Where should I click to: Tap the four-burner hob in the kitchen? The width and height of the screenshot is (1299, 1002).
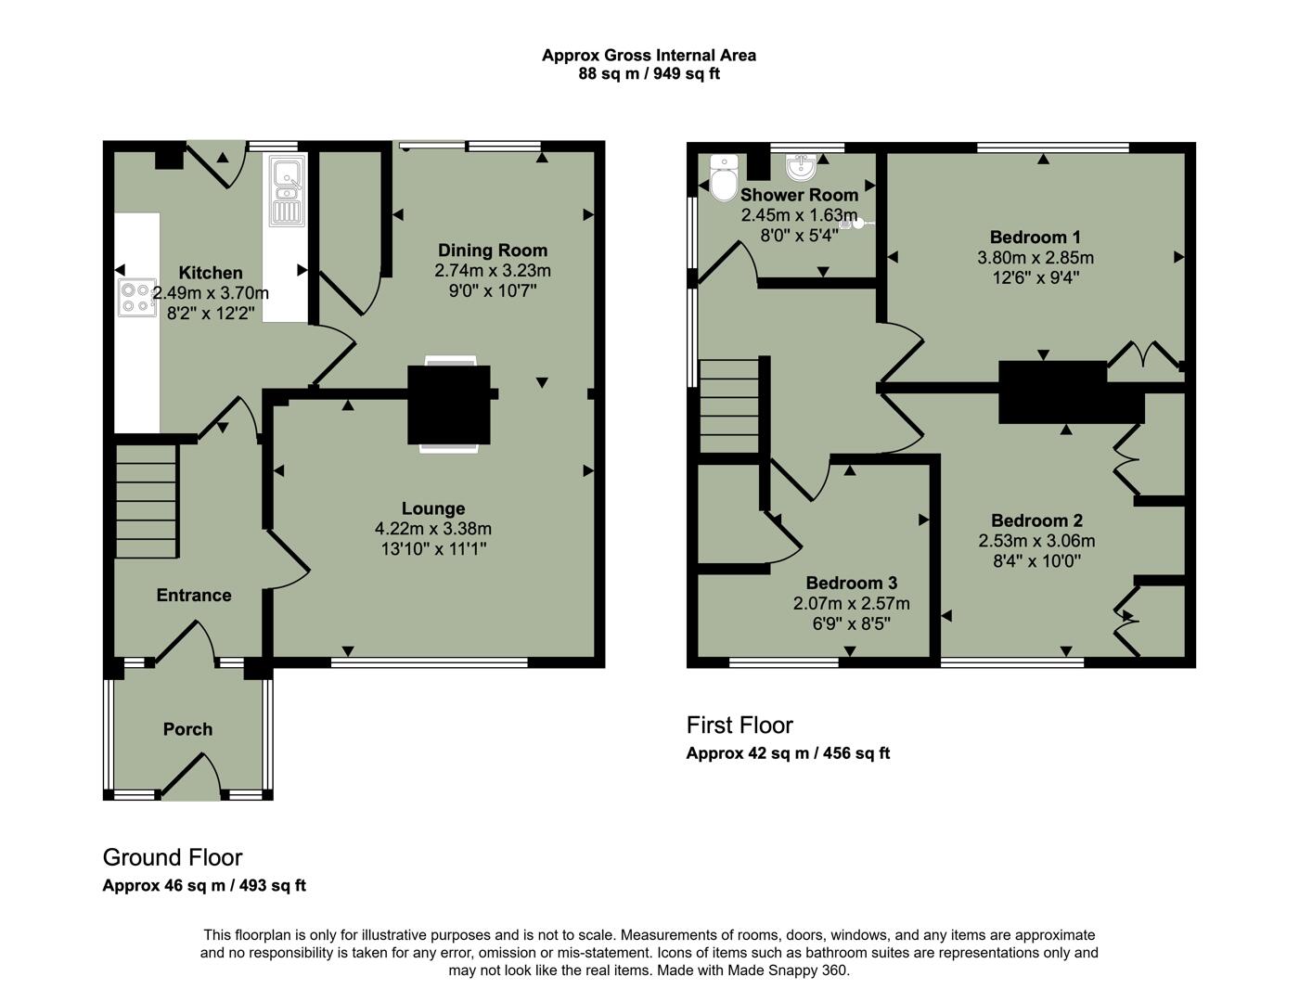(x=135, y=297)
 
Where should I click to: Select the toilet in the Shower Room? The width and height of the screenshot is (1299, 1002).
(x=723, y=178)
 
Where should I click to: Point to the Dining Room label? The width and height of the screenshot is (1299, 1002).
(x=493, y=250)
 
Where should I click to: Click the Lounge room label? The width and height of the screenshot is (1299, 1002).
(x=433, y=508)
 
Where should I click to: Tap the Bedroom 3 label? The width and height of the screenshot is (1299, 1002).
(x=851, y=583)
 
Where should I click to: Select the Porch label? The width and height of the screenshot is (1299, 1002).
(x=187, y=729)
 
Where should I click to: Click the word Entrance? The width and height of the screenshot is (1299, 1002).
(x=193, y=596)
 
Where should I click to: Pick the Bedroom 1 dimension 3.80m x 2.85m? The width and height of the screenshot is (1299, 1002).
(x=1035, y=258)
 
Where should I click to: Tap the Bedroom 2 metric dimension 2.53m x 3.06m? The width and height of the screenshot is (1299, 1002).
(x=1036, y=541)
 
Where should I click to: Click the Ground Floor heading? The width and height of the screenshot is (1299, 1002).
(x=173, y=857)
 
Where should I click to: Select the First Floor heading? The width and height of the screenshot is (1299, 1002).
(x=740, y=725)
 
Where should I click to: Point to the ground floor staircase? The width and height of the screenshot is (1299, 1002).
(x=146, y=501)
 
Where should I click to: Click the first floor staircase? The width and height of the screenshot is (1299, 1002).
(x=729, y=406)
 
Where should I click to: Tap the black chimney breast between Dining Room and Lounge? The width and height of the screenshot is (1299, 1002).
(x=449, y=404)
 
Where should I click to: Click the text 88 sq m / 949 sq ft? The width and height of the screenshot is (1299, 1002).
(x=649, y=74)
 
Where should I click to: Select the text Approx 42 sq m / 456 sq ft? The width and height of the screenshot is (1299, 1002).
(x=788, y=753)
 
